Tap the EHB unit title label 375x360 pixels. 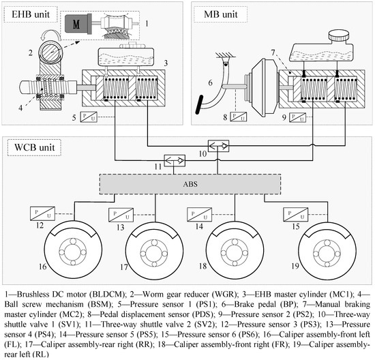pos(31,14)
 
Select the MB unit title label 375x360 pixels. pos(220,14)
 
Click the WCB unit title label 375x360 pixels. pos(35,147)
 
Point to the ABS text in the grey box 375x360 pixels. pos(190,184)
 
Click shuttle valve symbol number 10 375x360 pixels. pos(218,146)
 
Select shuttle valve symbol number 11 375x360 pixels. pos(175,161)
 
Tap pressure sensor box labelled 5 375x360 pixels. pos(89,117)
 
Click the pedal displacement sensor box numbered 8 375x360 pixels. pos(238,117)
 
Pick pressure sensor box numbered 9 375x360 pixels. pos(297,117)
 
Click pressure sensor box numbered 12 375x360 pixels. pos(42,213)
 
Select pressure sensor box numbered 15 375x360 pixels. pos(296,215)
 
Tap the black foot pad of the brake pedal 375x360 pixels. pos(199,104)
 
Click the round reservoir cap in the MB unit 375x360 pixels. pos(339,35)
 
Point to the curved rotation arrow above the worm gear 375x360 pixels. pos(50,35)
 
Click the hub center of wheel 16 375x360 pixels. pos(73,252)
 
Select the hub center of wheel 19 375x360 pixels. pos(327,253)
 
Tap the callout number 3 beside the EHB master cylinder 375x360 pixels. pos(166,63)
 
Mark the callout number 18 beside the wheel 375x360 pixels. pos(202,266)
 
